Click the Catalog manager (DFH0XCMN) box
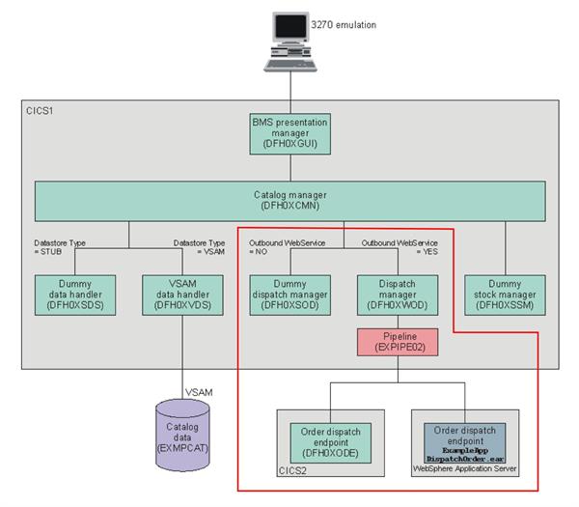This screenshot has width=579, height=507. pos(290,200)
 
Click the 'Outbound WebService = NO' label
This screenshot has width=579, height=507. pos(287,246)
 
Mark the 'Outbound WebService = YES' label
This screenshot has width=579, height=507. pos(399,246)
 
